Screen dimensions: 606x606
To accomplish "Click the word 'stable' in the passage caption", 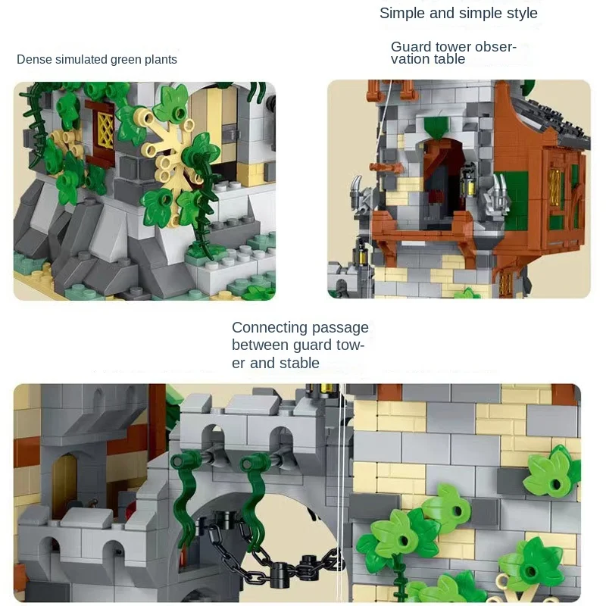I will click(x=298, y=364).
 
